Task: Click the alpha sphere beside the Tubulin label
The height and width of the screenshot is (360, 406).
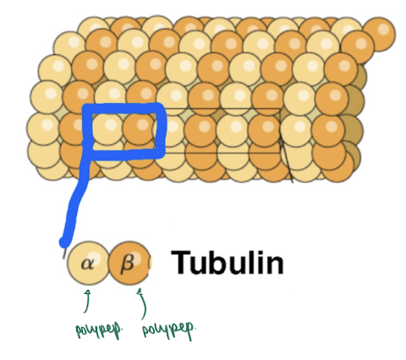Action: [88, 263]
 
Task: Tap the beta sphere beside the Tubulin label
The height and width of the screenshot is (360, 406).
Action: [129, 263]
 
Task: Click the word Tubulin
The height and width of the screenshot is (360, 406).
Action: [228, 262]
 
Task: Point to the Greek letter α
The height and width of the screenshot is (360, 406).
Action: [87, 264]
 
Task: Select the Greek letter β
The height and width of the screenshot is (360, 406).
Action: [127, 265]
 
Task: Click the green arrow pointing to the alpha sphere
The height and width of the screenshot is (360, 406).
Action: [87, 301]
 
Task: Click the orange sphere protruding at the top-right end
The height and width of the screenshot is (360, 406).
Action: [379, 35]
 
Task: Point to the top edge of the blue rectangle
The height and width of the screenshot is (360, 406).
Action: [123, 107]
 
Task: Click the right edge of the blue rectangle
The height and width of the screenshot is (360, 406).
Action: [160, 130]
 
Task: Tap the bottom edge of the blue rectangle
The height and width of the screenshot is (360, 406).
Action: [124, 154]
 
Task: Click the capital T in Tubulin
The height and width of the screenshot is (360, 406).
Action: [181, 262]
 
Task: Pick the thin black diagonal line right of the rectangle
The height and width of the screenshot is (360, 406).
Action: [286, 158]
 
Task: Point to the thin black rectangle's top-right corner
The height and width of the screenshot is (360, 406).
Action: [279, 108]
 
